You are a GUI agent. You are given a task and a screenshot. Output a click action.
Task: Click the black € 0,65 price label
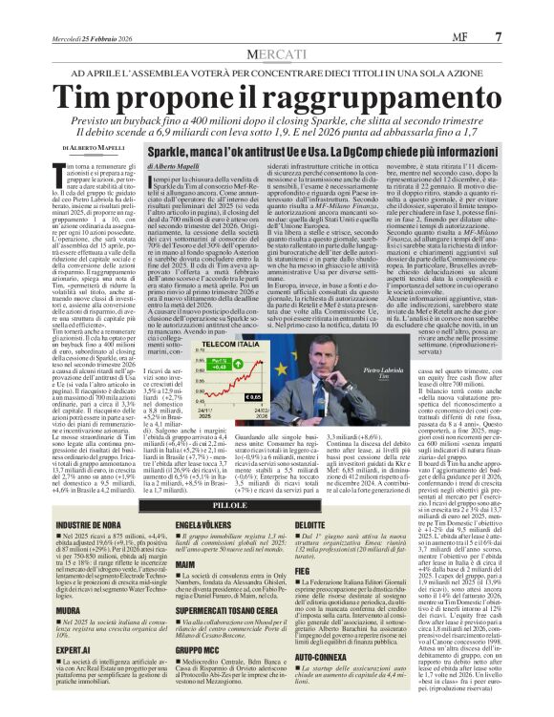point(254,395)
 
